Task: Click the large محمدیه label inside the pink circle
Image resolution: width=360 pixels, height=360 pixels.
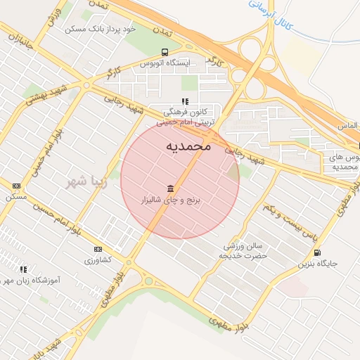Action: click(x=188, y=146)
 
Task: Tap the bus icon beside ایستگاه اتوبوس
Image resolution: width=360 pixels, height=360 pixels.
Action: click(x=165, y=51)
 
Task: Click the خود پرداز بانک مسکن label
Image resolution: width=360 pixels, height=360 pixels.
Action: click(x=100, y=29)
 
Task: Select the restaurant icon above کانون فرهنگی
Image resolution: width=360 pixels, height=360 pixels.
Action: click(x=185, y=101)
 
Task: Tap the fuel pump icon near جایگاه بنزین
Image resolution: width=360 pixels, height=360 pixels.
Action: click(x=319, y=252)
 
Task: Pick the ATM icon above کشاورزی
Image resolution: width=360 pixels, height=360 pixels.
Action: click(x=98, y=249)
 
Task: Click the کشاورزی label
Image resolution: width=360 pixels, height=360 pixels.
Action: click(x=98, y=260)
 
